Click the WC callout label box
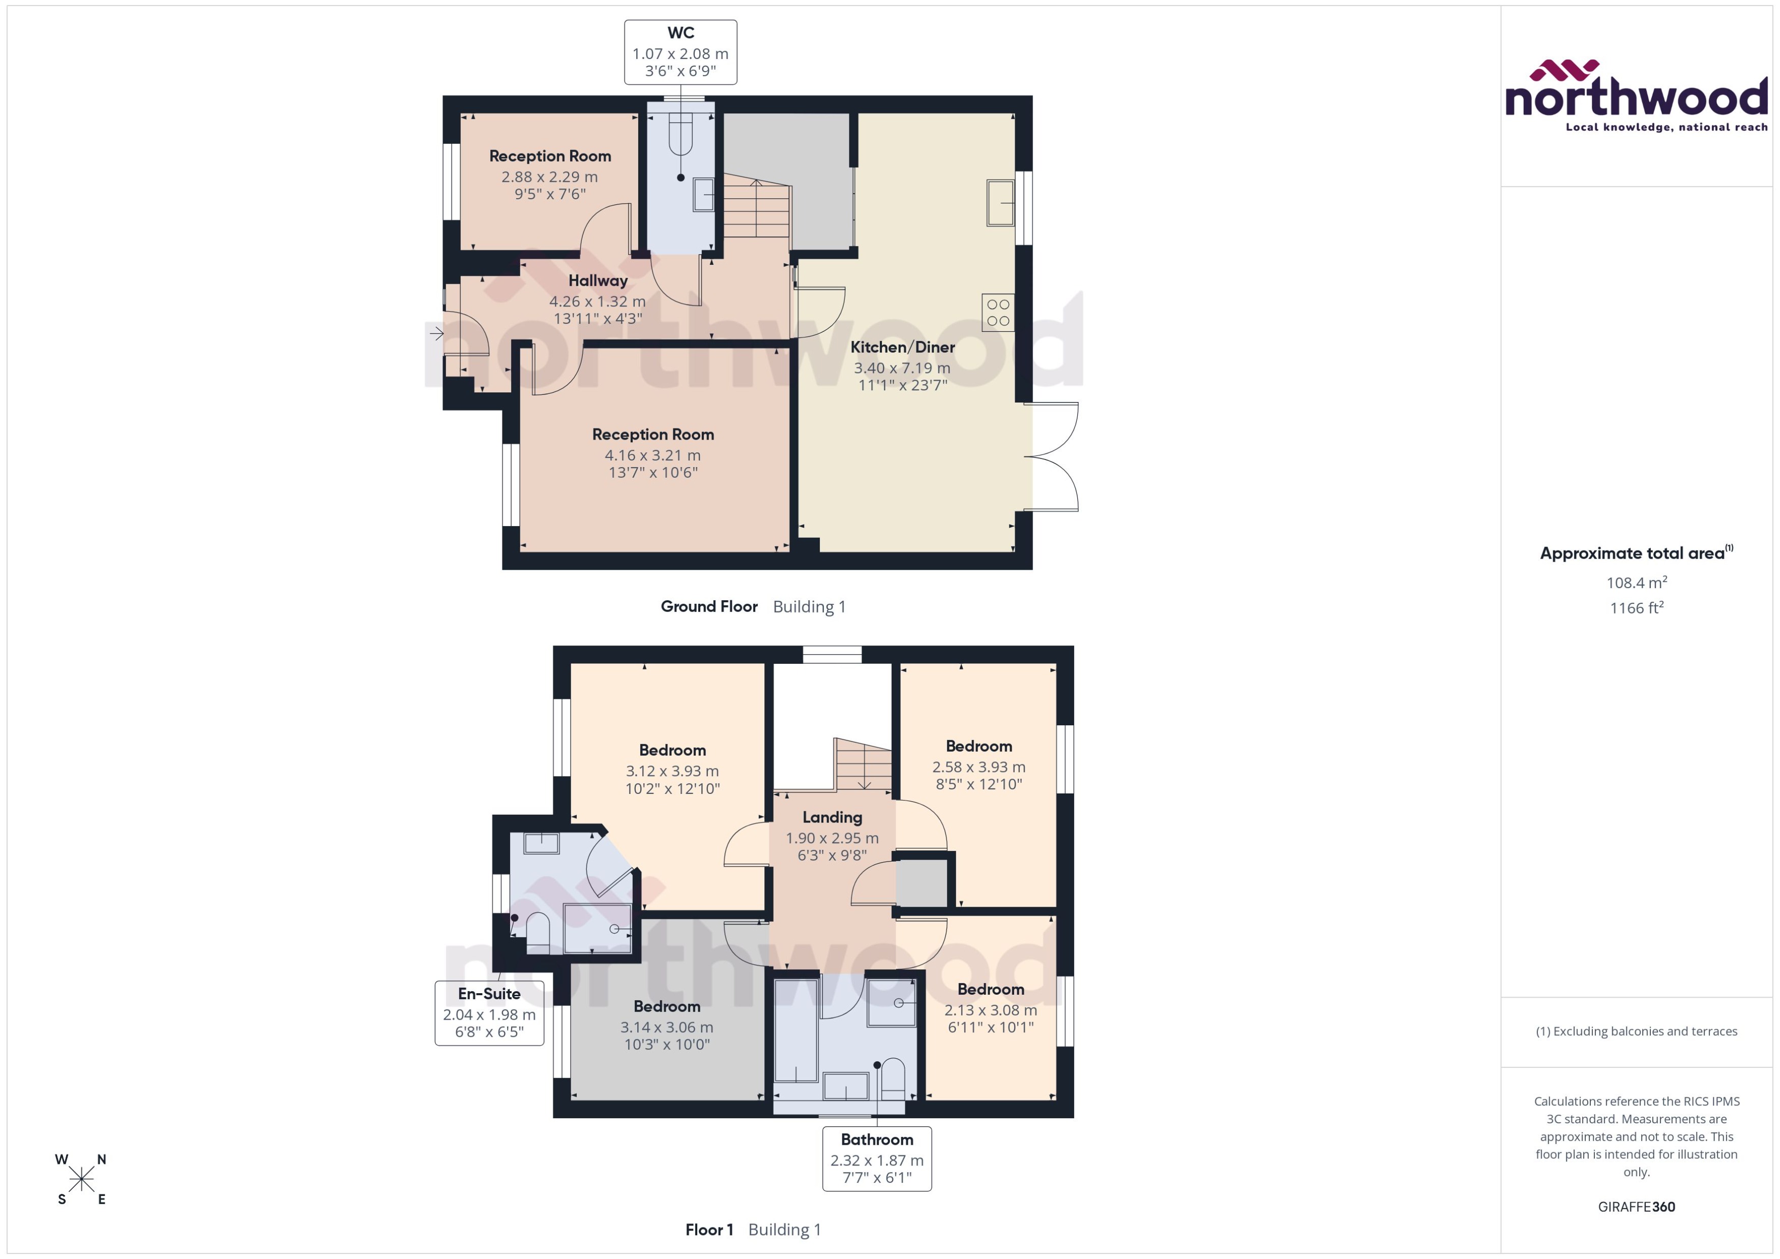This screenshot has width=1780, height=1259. point(680,52)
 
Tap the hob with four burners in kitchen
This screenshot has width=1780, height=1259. point(997,313)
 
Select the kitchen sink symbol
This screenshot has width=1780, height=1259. point(1000,202)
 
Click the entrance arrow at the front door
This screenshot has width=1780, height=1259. point(437,334)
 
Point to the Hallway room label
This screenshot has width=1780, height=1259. point(597,281)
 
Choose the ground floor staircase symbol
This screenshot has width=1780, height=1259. point(756,208)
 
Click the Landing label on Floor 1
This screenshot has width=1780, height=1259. point(832,817)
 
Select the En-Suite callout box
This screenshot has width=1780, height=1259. point(489,1012)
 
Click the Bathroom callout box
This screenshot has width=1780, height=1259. point(876,1158)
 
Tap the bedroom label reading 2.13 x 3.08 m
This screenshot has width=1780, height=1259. point(990,1009)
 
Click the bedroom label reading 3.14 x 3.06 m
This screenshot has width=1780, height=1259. point(666,1026)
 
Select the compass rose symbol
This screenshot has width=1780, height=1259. point(81,1180)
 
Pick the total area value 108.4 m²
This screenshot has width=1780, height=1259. point(1636,582)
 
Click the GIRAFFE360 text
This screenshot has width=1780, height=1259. point(1636,1206)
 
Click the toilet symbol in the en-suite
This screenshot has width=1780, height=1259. point(537,930)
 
